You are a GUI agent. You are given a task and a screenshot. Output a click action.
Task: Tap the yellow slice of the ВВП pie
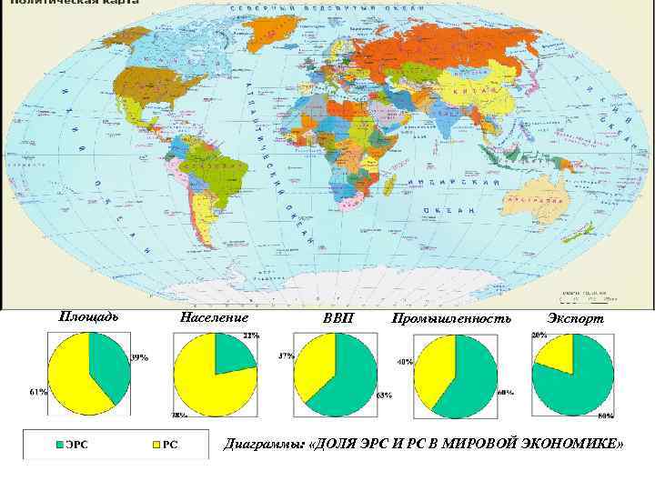(314, 364)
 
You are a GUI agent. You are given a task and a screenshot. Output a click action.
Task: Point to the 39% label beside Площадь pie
(140, 357)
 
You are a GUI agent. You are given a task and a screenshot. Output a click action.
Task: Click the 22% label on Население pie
(250, 336)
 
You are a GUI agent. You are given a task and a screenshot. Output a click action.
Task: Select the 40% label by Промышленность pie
(404, 361)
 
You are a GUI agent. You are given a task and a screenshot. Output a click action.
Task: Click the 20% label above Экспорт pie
(539, 335)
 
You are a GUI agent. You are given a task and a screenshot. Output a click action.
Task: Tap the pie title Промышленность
(451, 318)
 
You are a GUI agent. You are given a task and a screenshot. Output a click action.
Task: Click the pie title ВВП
(335, 319)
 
